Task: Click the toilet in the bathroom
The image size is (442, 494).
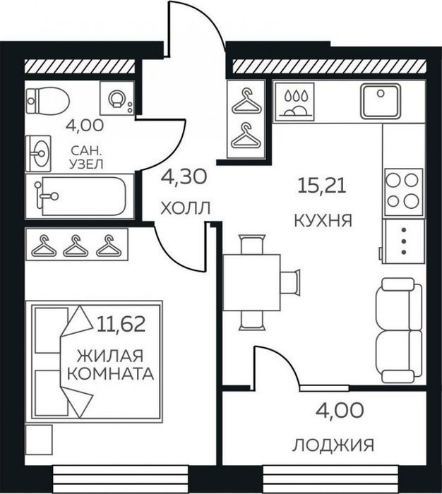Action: (47, 101)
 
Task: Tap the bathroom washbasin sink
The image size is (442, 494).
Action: (38, 153)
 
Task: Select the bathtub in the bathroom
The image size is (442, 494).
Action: (80, 196)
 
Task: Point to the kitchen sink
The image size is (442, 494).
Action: (381, 101)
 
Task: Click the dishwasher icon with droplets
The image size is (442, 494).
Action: (294, 102)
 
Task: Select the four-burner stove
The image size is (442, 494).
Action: (403, 192)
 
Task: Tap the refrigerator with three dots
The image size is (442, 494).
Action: (403, 241)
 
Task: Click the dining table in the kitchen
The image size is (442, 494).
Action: (252, 282)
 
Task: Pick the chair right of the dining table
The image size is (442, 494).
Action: (290, 282)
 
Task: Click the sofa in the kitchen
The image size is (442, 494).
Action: (399, 330)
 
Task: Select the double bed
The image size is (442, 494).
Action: (94, 361)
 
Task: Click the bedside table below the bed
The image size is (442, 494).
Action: (39, 440)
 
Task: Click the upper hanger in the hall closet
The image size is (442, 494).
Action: (247, 101)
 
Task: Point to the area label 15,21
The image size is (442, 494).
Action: (322, 185)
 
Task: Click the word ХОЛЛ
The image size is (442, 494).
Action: (185, 208)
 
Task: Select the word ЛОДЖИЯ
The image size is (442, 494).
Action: (333, 445)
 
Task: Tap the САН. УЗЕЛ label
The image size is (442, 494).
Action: (86, 157)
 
